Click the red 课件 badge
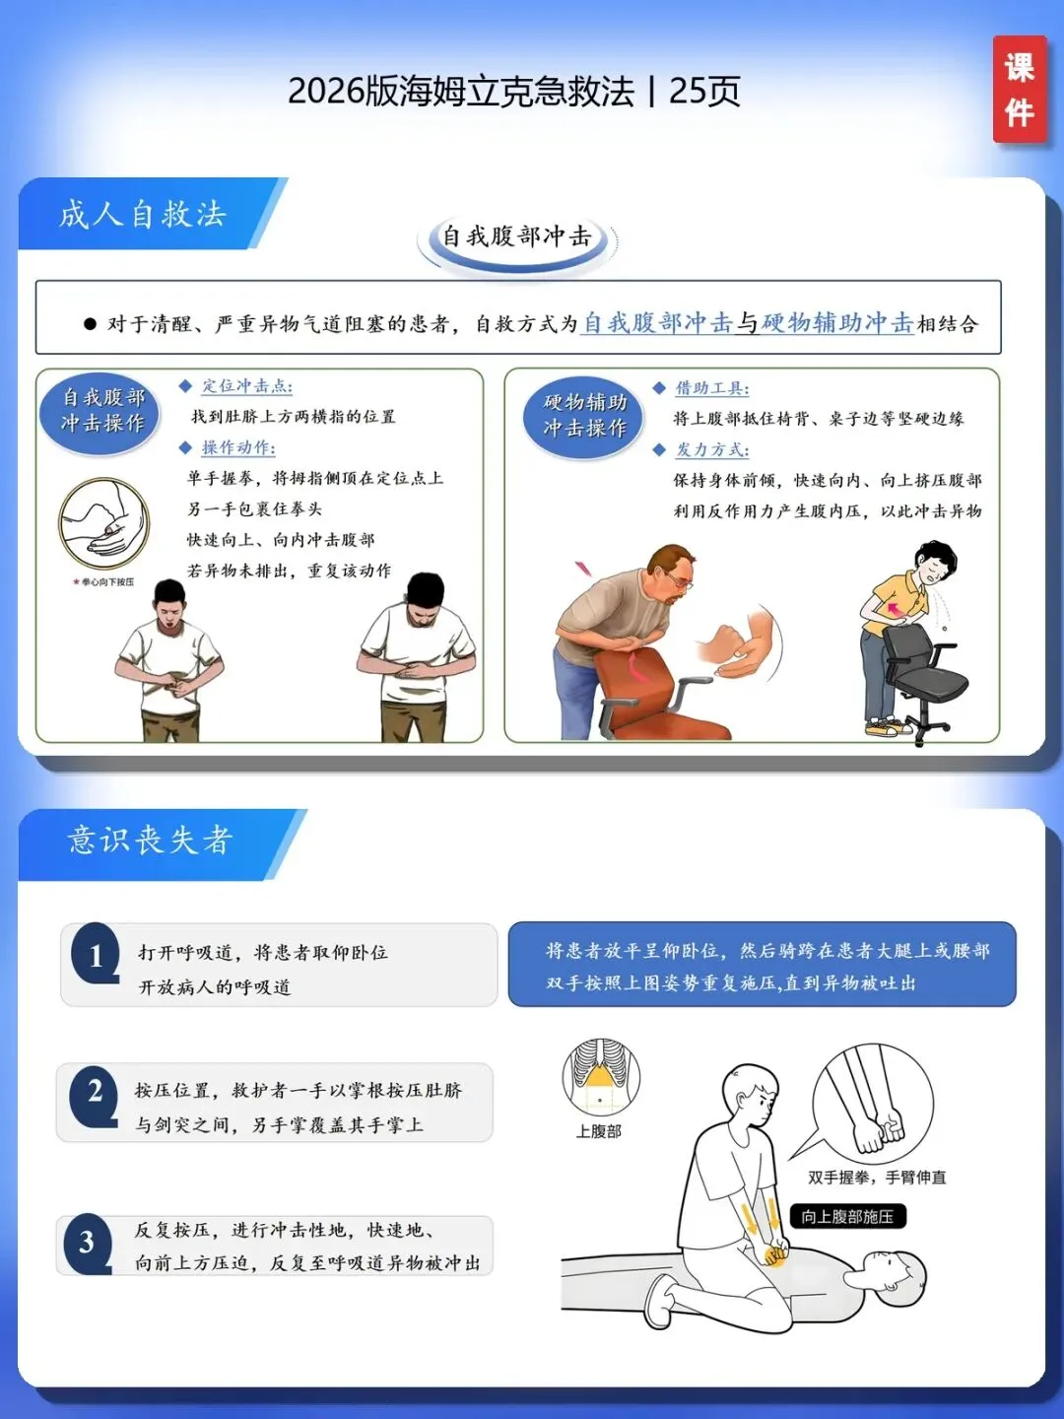1020,90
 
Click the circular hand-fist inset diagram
103,523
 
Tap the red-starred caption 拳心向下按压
103,581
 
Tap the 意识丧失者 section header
150,842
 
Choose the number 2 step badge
94,1095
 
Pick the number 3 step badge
88,1242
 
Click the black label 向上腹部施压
847,1216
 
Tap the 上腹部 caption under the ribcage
598,1131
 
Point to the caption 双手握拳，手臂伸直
877,1178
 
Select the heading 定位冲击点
246,386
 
